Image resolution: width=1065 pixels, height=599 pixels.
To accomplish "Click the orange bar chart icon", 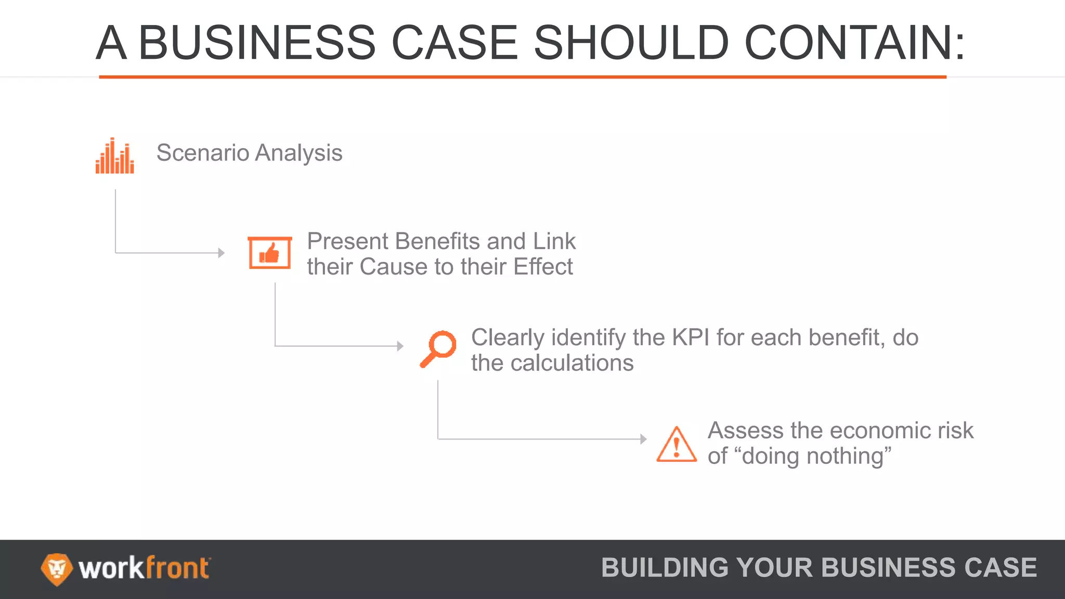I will [x=114, y=156].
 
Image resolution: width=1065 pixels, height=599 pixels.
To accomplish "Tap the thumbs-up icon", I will [x=269, y=253].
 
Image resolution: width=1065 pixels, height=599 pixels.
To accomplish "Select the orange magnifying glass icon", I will [x=438, y=349].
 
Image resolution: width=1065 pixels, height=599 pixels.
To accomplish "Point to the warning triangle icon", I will [x=676, y=445].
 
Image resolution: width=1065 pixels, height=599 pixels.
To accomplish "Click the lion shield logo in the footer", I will [x=56, y=569].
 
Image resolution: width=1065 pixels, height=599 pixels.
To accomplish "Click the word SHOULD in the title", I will [x=631, y=43].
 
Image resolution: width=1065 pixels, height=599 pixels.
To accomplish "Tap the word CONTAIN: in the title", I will [x=855, y=43].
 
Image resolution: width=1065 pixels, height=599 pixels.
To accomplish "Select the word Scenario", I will [x=203, y=153].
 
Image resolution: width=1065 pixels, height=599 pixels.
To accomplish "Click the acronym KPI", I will [x=691, y=337].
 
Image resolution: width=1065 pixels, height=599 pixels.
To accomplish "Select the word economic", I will [x=861, y=431].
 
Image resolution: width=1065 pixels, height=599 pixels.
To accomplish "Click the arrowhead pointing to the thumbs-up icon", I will [x=222, y=253].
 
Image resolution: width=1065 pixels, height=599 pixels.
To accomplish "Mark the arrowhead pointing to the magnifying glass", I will [x=400, y=346].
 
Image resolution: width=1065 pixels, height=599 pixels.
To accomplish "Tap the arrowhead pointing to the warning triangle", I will [x=643, y=439].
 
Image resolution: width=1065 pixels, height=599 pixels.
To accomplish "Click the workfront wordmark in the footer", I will [x=144, y=568].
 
